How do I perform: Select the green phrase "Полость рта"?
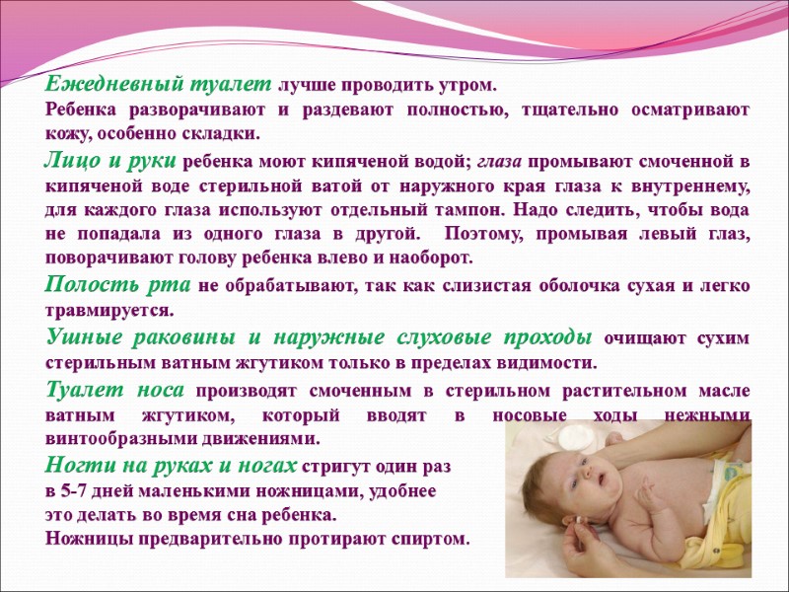pyautogui.click(x=119, y=286)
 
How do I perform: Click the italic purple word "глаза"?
pyautogui.click(x=503, y=161)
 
